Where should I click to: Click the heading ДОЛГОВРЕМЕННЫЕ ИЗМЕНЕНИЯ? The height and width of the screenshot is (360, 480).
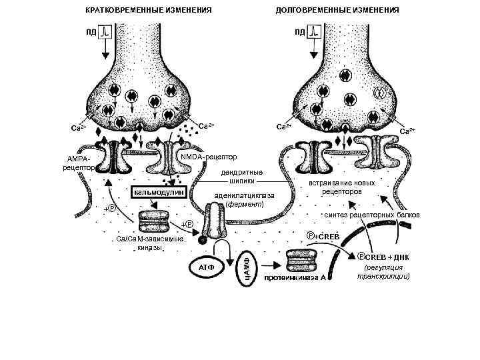tap(337, 11)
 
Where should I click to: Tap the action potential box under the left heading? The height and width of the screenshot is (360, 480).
tap(106, 32)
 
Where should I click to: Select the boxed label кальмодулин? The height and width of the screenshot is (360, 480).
tap(159, 192)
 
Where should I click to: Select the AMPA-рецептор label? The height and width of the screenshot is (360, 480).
tap(78, 163)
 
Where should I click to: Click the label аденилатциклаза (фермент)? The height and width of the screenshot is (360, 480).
tap(245, 200)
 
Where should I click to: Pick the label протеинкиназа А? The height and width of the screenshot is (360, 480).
tap(295, 277)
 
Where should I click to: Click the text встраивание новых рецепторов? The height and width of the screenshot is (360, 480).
tap(342, 186)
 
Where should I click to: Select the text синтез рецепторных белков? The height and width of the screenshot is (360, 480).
tap(371, 215)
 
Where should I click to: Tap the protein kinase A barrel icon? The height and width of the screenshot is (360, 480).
tap(296, 259)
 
